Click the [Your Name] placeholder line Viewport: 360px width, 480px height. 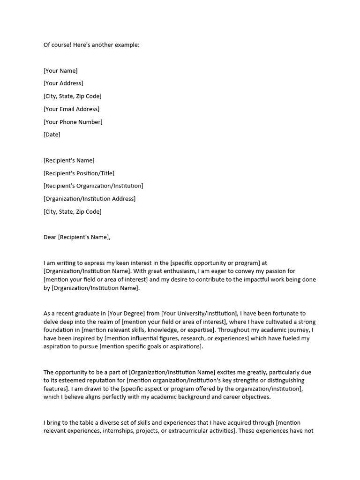click(60, 71)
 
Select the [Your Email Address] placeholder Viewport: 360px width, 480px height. click(71, 109)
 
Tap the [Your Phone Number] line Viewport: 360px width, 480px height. click(73, 122)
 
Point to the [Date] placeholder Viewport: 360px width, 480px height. click(52, 135)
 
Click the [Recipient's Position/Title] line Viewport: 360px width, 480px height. click(79, 173)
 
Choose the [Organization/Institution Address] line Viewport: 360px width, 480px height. click(90, 199)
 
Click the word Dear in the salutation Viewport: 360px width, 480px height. click(50, 237)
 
